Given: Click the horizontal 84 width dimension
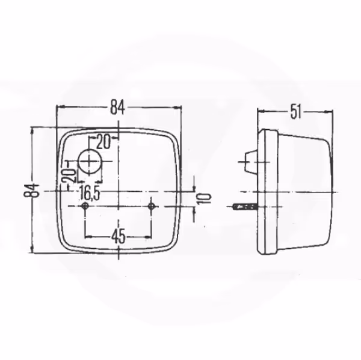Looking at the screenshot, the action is pyautogui.click(x=118, y=107).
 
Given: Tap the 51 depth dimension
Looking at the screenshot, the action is pyautogui.click(x=295, y=112).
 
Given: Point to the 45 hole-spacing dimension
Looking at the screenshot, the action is pyautogui.click(x=119, y=237).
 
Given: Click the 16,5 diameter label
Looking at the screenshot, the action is pyautogui.click(x=89, y=194).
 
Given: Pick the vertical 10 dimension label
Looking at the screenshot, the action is pyautogui.click(x=204, y=199).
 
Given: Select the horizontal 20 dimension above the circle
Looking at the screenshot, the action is pyautogui.click(x=103, y=142).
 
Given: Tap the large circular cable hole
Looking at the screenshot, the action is pyautogui.click(x=90, y=161).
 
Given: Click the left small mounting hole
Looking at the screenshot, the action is pyautogui.click(x=85, y=206).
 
